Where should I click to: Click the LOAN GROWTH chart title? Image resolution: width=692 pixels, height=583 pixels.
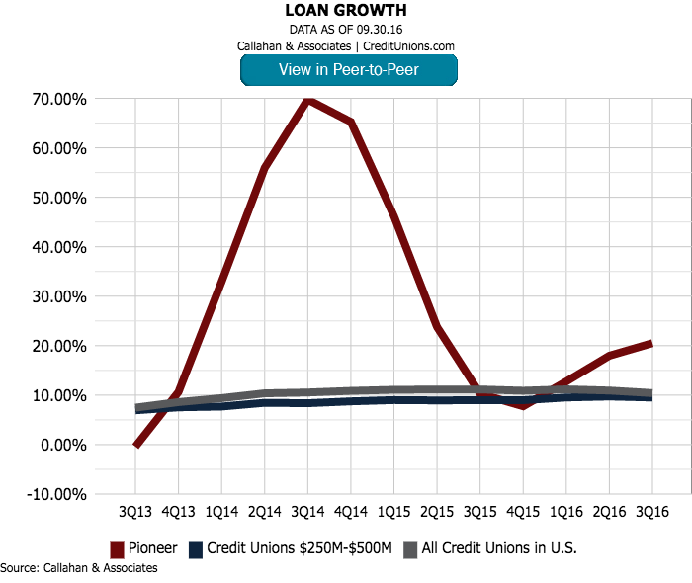click(346, 11)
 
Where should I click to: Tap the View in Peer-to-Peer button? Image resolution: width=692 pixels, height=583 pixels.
click(349, 69)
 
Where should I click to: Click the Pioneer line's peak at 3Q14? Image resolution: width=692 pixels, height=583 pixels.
click(308, 100)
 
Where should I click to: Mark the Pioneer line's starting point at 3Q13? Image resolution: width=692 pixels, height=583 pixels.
click(136, 445)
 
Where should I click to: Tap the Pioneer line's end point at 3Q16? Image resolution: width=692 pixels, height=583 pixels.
click(650, 343)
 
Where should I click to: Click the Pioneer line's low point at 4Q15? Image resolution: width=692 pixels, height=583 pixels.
click(522, 406)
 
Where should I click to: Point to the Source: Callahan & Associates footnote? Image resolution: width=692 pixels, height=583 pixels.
click(79, 568)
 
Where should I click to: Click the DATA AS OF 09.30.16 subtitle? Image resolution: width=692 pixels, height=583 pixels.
click(346, 29)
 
